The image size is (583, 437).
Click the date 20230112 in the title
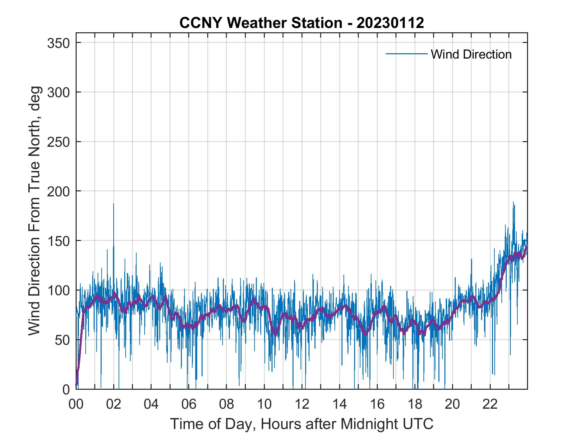(390, 23)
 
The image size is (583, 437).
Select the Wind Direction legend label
(471, 54)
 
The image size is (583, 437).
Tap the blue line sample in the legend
(406, 54)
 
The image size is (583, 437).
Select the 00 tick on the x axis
(76, 404)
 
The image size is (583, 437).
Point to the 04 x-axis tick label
(151, 404)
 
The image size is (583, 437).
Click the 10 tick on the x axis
(264, 404)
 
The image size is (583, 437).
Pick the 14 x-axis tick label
(339, 404)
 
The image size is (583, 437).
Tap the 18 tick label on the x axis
(415, 404)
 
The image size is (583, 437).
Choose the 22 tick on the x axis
(490, 404)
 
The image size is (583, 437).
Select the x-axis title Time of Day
(302, 424)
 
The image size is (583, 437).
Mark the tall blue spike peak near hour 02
(114, 204)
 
